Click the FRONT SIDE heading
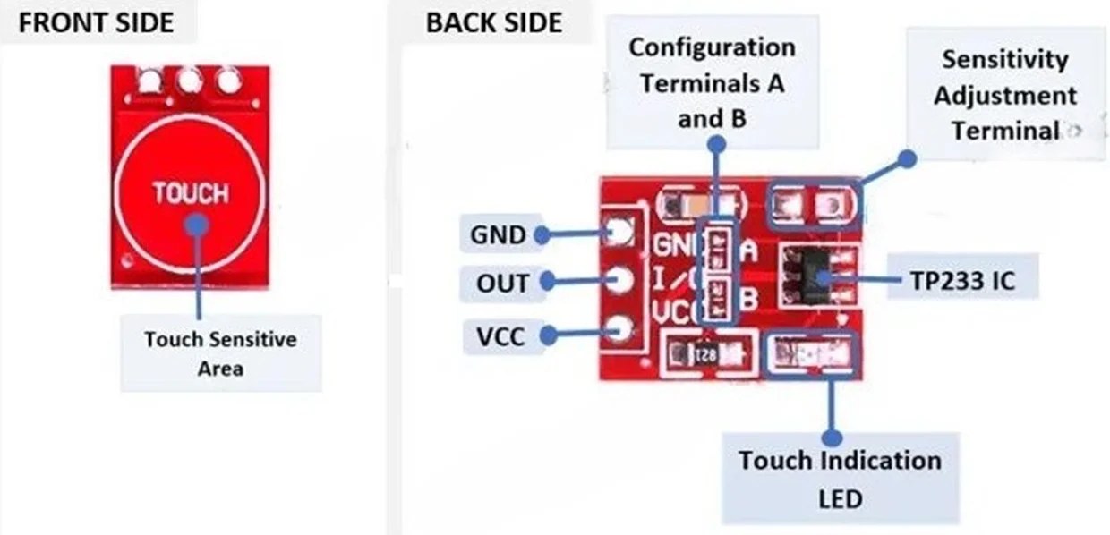click(97, 22)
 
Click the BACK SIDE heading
click(494, 22)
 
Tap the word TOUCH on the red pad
click(190, 193)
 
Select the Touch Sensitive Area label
click(220, 352)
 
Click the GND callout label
click(498, 235)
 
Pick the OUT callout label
click(502, 284)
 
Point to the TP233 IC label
click(962, 281)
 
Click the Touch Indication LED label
click(839, 479)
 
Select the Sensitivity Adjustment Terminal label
click(1004, 95)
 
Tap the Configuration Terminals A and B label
click(712, 82)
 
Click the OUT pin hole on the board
click(619, 282)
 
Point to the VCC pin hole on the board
click(618, 330)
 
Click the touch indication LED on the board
click(812, 353)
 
